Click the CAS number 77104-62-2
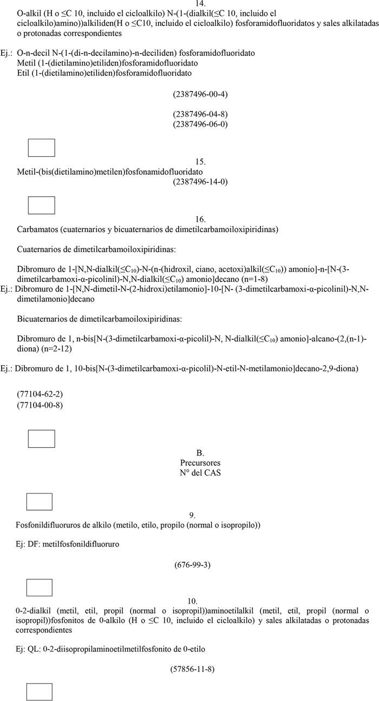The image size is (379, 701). click(x=40, y=394)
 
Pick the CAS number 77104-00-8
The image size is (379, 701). click(x=40, y=404)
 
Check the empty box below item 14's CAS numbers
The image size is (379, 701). click(x=41, y=147)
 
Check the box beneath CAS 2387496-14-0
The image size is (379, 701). click(x=41, y=205)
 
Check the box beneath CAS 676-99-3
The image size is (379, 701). click(x=39, y=587)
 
